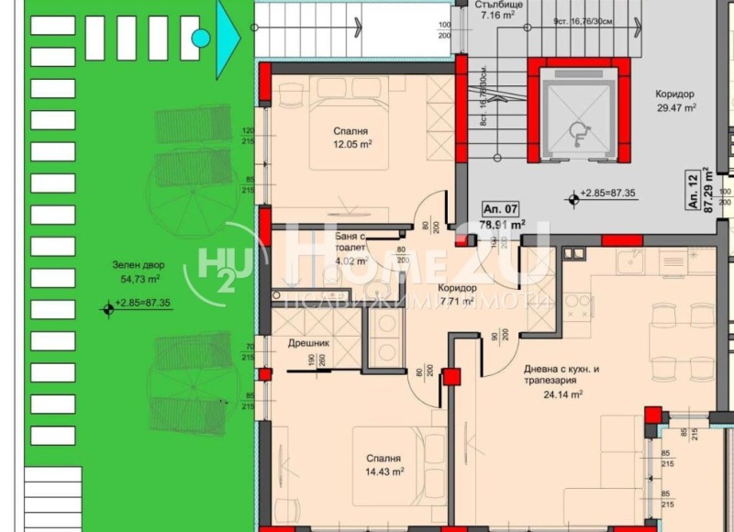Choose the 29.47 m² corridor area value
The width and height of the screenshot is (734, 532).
click(x=675, y=107)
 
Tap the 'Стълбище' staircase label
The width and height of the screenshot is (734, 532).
click(x=499, y=4)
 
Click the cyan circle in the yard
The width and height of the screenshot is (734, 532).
click(x=200, y=38)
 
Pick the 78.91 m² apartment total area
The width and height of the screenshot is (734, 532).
click(x=502, y=223)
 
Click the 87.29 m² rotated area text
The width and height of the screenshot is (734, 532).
click(x=707, y=190)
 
